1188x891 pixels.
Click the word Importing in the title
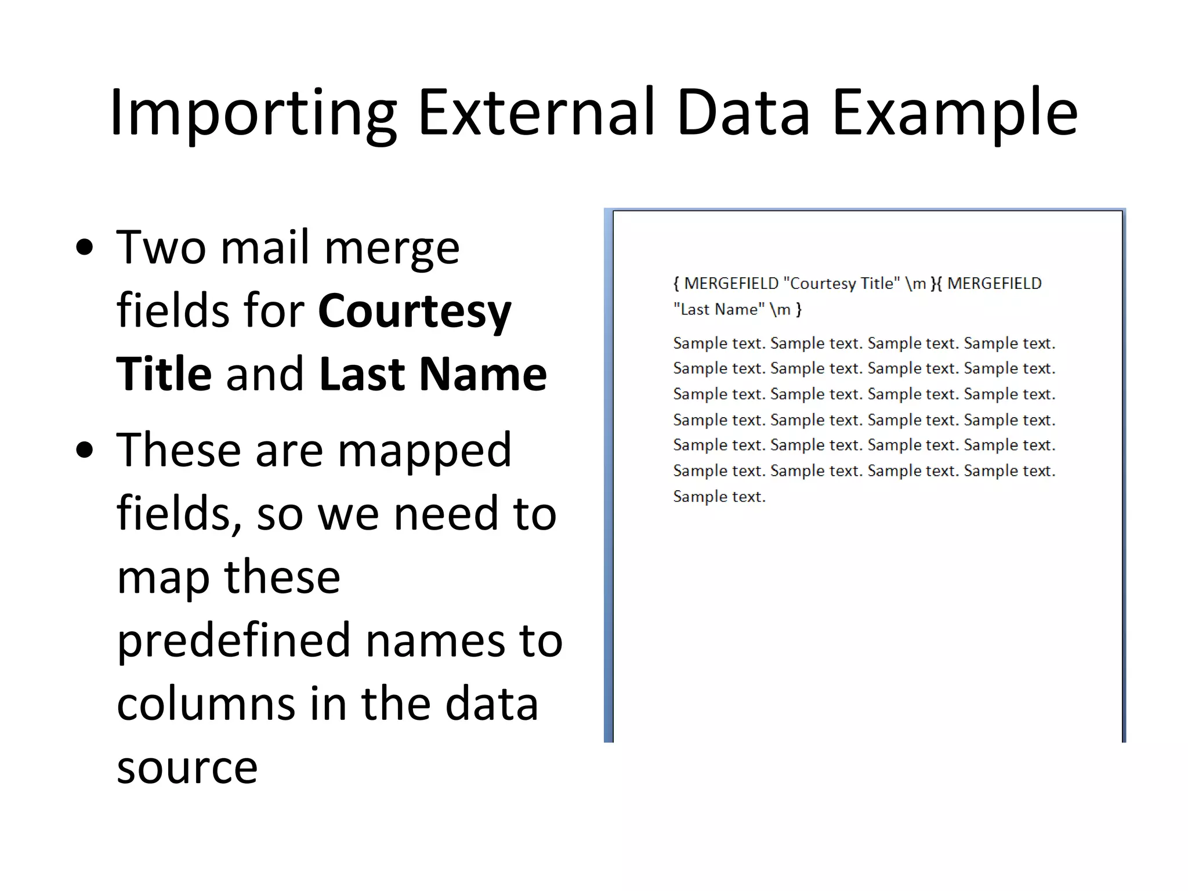[253, 113]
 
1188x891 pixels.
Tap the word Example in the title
[954, 113]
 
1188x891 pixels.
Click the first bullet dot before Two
[85, 248]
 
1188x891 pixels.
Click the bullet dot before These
[85, 450]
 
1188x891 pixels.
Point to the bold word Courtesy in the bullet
[414, 312]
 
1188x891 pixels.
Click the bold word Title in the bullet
[164, 374]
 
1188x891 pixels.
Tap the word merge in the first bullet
[392, 248]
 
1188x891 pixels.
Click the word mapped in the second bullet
[425, 451]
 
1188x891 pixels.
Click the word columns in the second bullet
[206, 704]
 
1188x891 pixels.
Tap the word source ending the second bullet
[187, 767]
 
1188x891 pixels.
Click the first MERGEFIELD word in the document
[731, 284]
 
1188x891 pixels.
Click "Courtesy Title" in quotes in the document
[842, 284]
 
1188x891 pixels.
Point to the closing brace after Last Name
[799, 310]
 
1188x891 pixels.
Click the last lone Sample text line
[719, 497]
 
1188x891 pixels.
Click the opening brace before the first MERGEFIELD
[676, 284]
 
